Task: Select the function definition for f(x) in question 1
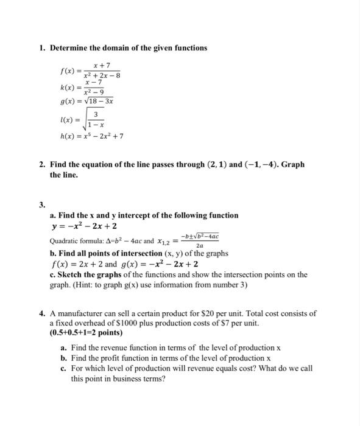point(90,71)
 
